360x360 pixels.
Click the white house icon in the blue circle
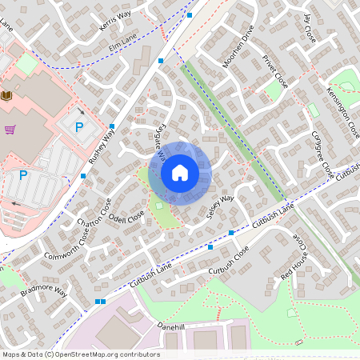180,172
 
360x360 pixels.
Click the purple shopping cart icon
10,129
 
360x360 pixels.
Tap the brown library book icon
7,96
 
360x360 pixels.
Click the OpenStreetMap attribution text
80,354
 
